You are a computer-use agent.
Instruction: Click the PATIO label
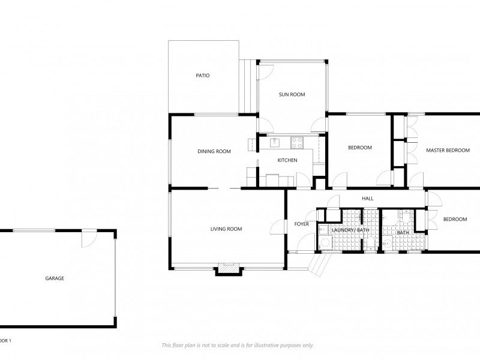coord(203,76)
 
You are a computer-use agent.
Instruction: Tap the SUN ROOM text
coord(292,94)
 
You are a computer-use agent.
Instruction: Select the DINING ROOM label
coord(214,151)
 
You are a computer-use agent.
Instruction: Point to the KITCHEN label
coord(287,160)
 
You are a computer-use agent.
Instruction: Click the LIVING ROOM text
coord(226,229)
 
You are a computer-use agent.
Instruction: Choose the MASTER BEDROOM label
coord(448,150)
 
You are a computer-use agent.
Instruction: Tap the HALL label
coord(368,199)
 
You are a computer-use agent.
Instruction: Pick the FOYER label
coord(301,224)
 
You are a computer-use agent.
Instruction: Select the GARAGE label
coord(55,278)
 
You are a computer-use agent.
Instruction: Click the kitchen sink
coord(275,142)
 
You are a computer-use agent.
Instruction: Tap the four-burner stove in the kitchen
coord(297,142)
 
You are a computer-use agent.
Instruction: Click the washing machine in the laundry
coord(325,242)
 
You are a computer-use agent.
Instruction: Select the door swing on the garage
coord(88,238)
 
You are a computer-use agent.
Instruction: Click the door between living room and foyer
coord(278,227)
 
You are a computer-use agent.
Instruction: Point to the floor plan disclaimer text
coord(237,345)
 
